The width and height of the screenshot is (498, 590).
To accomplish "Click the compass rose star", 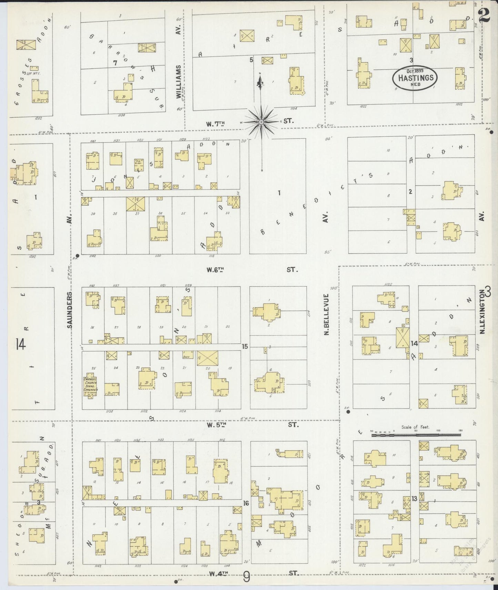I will click(261, 122).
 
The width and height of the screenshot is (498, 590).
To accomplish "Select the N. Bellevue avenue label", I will click(326, 314).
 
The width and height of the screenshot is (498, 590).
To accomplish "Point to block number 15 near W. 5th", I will click(245, 346).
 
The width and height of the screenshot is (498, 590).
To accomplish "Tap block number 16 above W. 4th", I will click(246, 503).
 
